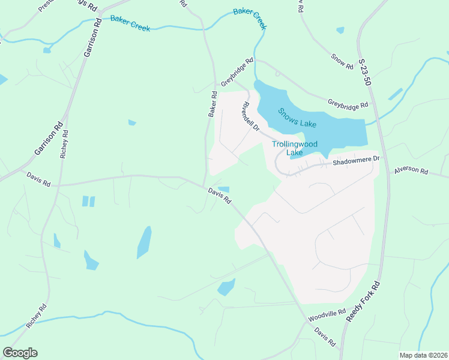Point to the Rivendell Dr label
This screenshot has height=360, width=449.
click(250, 117)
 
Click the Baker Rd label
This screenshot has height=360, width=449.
click(212, 104)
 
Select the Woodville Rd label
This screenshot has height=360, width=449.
click(327, 314)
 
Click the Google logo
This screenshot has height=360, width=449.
click(20, 352)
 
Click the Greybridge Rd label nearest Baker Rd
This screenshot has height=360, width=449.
click(237, 73)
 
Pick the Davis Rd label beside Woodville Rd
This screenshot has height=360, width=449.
click(325, 337)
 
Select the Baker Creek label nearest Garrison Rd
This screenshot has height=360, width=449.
click(130, 23)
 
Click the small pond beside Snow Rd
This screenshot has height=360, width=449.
click(340, 29)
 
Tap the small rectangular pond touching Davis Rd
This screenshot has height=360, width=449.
click(223, 190)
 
